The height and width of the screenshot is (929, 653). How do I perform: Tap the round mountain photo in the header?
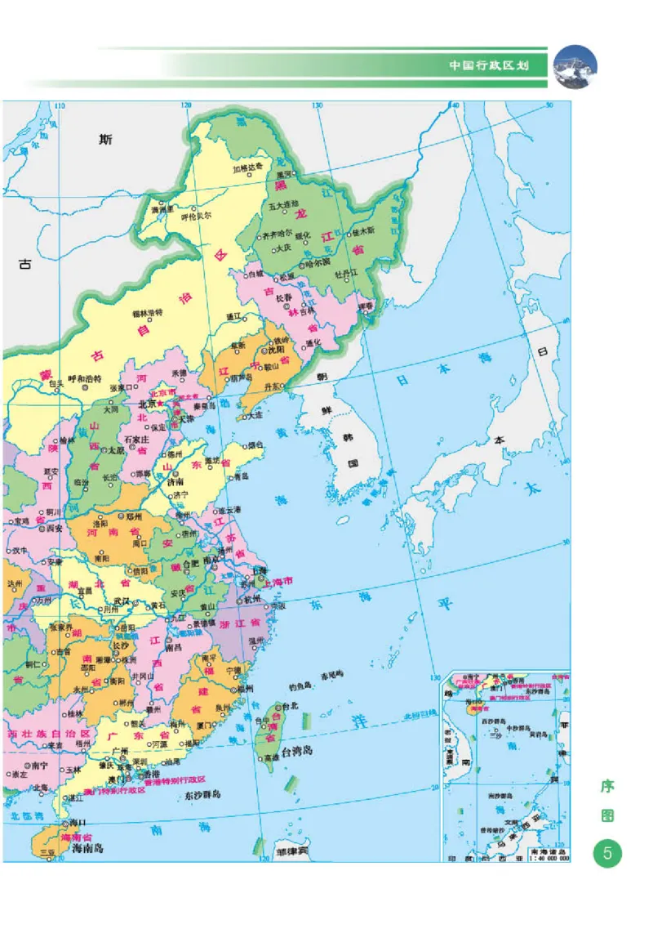click(x=575, y=66)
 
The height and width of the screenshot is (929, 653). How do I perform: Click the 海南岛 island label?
click(x=87, y=849)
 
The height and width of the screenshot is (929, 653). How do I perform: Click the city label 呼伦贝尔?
click(x=196, y=217)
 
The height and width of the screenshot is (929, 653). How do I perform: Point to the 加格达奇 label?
click(x=248, y=168)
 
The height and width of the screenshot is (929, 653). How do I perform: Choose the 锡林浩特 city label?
click(x=148, y=313)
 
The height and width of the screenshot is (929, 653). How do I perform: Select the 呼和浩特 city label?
click(x=83, y=378)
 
